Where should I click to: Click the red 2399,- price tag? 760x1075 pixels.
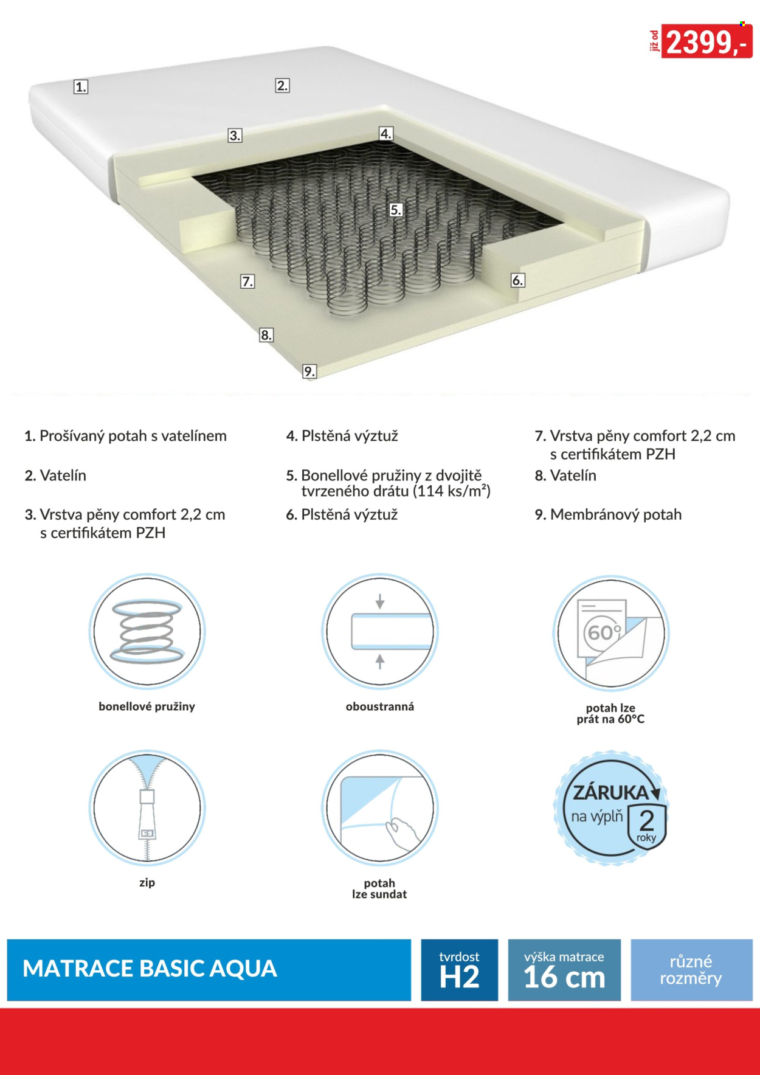706,41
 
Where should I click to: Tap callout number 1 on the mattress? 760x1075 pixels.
81,87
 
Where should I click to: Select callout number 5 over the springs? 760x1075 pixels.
396,210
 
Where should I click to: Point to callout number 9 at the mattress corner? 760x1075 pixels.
309,371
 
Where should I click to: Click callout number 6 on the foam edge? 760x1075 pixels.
517,280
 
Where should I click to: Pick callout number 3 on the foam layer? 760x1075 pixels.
235,135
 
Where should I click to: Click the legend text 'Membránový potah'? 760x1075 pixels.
615,515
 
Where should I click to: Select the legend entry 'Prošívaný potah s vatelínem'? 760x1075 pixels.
133,436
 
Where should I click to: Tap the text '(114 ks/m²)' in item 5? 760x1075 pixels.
452,491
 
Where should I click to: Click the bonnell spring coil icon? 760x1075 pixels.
147,631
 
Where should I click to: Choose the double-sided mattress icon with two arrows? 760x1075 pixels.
380,631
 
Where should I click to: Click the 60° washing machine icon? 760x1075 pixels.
611,633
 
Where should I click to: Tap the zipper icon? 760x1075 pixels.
147,807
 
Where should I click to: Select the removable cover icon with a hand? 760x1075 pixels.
380,807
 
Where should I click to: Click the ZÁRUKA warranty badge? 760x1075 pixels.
611,808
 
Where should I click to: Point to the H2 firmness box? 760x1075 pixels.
460,970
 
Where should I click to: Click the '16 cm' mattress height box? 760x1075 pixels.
564,970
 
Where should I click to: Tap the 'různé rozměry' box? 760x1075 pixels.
691,970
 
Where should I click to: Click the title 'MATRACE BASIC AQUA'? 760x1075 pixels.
150,969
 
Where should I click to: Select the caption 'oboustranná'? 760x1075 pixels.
380,707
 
